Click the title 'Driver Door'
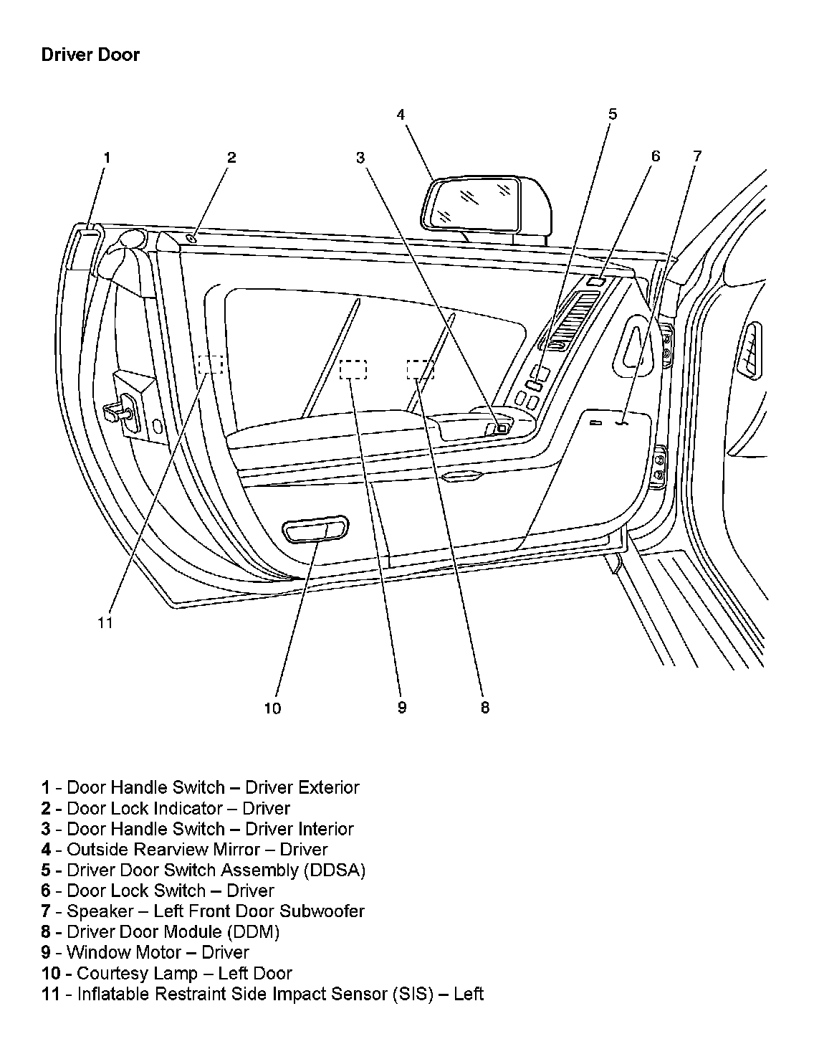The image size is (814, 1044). click(x=90, y=55)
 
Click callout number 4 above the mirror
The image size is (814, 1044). click(x=401, y=114)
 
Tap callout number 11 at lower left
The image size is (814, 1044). click(x=105, y=623)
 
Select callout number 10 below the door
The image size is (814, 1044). click(x=272, y=708)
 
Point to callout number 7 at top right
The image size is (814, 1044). click(x=696, y=156)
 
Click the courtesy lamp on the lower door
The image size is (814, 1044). click(x=315, y=531)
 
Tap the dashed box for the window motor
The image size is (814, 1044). click(x=353, y=369)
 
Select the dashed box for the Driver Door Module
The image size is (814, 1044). click(x=420, y=369)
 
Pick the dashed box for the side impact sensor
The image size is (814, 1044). click(x=211, y=364)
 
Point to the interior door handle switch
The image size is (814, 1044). click(x=502, y=428)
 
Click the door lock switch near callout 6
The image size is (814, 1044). click(x=595, y=281)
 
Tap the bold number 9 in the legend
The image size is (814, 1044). click(x=46, y=953)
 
